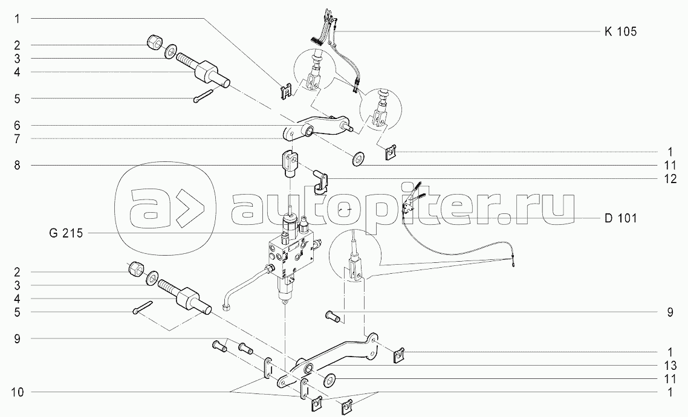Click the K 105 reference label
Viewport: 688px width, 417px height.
click(x=620, y=32)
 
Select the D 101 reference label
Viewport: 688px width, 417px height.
click(x=620, y=218)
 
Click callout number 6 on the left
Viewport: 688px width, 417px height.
click(x=18, y=125)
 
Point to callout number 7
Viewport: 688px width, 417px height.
click(x=18, y=138)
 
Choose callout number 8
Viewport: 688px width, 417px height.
click(x=18, y=165)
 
